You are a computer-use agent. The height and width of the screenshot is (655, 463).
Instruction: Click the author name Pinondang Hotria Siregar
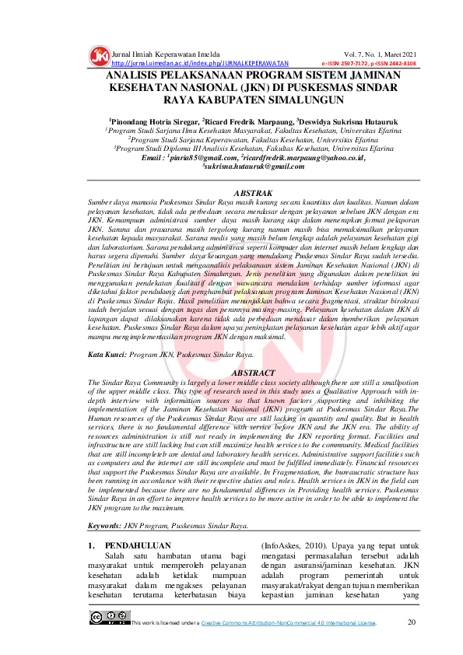click(x=155, y=122)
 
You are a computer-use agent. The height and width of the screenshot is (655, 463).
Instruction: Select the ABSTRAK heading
click(x=253, y=191)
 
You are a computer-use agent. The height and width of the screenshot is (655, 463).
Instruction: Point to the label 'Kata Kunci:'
click(x=107, y=354)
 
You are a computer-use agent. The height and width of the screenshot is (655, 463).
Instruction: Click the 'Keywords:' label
click(x=107, y=526)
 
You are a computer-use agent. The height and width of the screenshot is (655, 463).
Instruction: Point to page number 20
click(x=412, y=622)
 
